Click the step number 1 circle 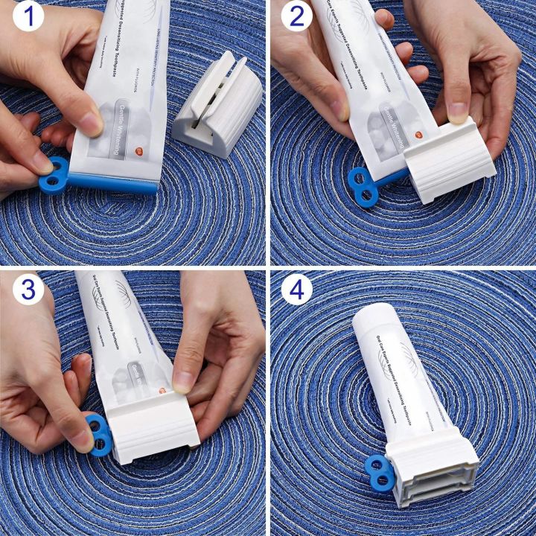point(28,16)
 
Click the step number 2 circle point(296,16)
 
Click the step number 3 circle point(28,289)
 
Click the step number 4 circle point(296,289)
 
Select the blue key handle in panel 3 point(98,435)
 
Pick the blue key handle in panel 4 point(380,473)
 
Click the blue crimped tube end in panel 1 point(112,182)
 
